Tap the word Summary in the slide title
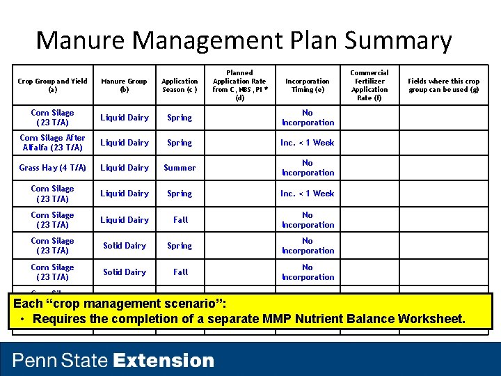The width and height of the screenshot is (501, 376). tap(396, 40)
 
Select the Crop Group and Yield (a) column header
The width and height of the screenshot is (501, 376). tap(53, 85)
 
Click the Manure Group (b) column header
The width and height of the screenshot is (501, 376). tap(125, 85)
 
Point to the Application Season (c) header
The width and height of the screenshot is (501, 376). tap(180, 85)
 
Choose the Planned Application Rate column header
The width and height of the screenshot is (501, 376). tap(240, 85)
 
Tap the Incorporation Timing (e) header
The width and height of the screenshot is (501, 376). tap(308, 85)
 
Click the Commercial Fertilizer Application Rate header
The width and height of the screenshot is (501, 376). tap(369, 85)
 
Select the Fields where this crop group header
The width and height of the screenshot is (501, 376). tap(443, 85)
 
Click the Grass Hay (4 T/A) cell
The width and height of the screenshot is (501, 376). tap(53, 168)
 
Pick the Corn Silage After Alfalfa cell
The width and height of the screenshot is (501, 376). tap(53, 143)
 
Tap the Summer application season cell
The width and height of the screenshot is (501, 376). tap(180, 168)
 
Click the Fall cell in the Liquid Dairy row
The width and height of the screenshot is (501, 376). tap(180, 220)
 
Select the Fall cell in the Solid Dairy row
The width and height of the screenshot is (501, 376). tap(180, 272)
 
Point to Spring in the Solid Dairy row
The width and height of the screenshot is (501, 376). tap(180, 246)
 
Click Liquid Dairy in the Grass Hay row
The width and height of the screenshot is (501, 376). tap(125, 168)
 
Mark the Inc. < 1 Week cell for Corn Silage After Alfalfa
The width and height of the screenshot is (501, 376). tap(308, 143)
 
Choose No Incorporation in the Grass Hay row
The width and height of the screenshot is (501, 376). tap(308, 168)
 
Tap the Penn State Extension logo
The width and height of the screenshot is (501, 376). tap(113, 361)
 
